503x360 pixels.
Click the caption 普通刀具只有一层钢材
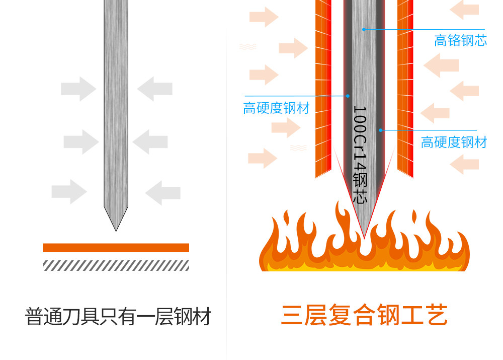point(118,317)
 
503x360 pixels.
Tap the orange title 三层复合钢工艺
point(364,316)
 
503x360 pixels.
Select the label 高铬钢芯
point(460,41)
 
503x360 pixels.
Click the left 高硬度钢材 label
point(276,108)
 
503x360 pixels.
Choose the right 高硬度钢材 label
point(454,142)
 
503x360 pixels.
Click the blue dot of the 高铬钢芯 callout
point(364,29)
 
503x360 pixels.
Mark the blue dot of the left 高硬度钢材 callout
point(347,95)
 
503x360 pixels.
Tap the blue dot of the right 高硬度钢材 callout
point(381,130)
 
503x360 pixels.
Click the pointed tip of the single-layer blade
point(116,229)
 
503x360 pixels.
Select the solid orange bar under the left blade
point(116,248)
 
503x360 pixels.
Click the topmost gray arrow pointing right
point(78,90)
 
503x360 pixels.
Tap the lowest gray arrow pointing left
point(162,193)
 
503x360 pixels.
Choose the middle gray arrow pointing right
point(81,141)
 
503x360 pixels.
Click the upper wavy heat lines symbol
point(247,47)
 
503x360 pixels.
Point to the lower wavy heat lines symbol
point(298,148)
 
